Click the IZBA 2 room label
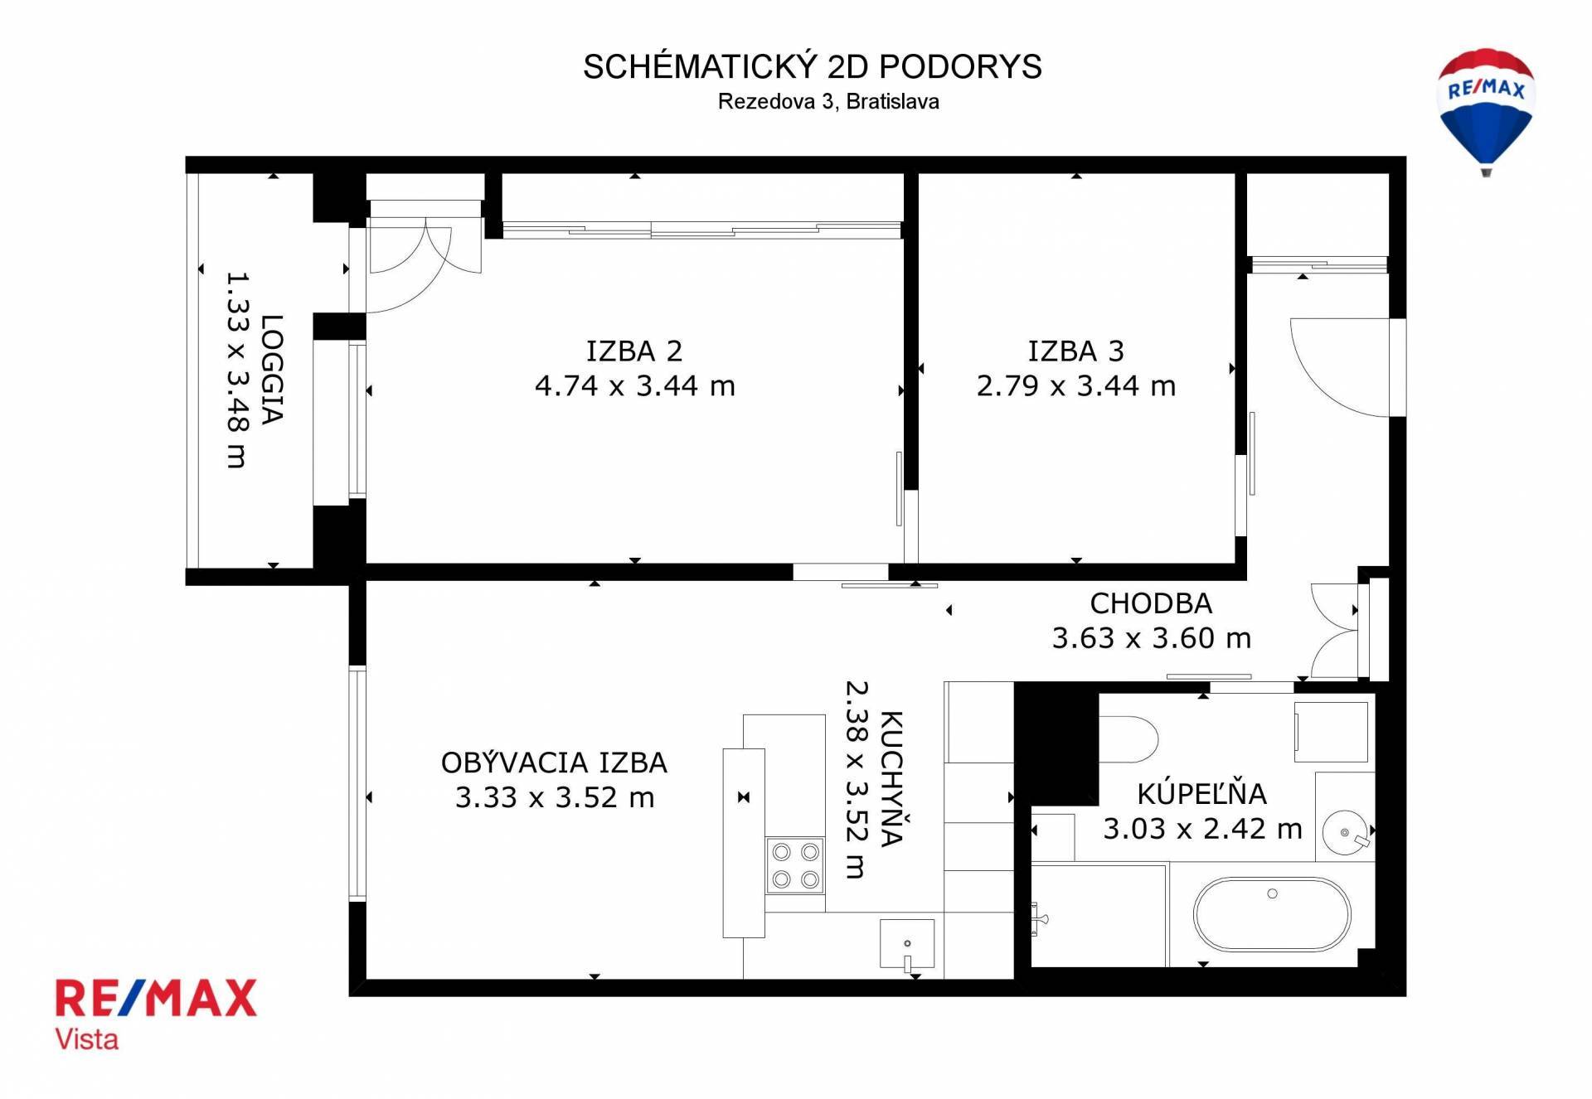click(634, 351)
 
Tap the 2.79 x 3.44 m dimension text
click(1075, 385)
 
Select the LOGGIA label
click(272, 369)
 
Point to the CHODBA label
click(1151, 603)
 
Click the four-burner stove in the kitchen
click(795, 865)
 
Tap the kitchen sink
click(907, 944)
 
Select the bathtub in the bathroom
click(1272, 914)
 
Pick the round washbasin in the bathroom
click(1345, 832)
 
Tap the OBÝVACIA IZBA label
click(554, 762)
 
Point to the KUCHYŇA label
click(891, 778)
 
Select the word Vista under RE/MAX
click(86, 1038)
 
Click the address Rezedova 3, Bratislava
click(828, 102)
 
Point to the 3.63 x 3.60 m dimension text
click(1151, 637)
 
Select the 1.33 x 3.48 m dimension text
click(237, 370)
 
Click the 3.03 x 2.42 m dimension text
click(1202, 828)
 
